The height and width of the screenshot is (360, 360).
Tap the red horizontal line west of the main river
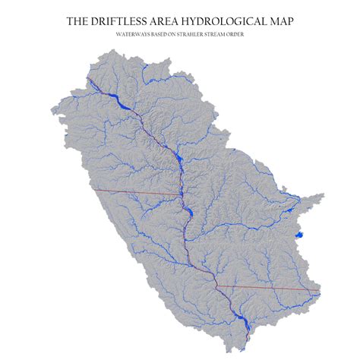(x=137, y=192)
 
